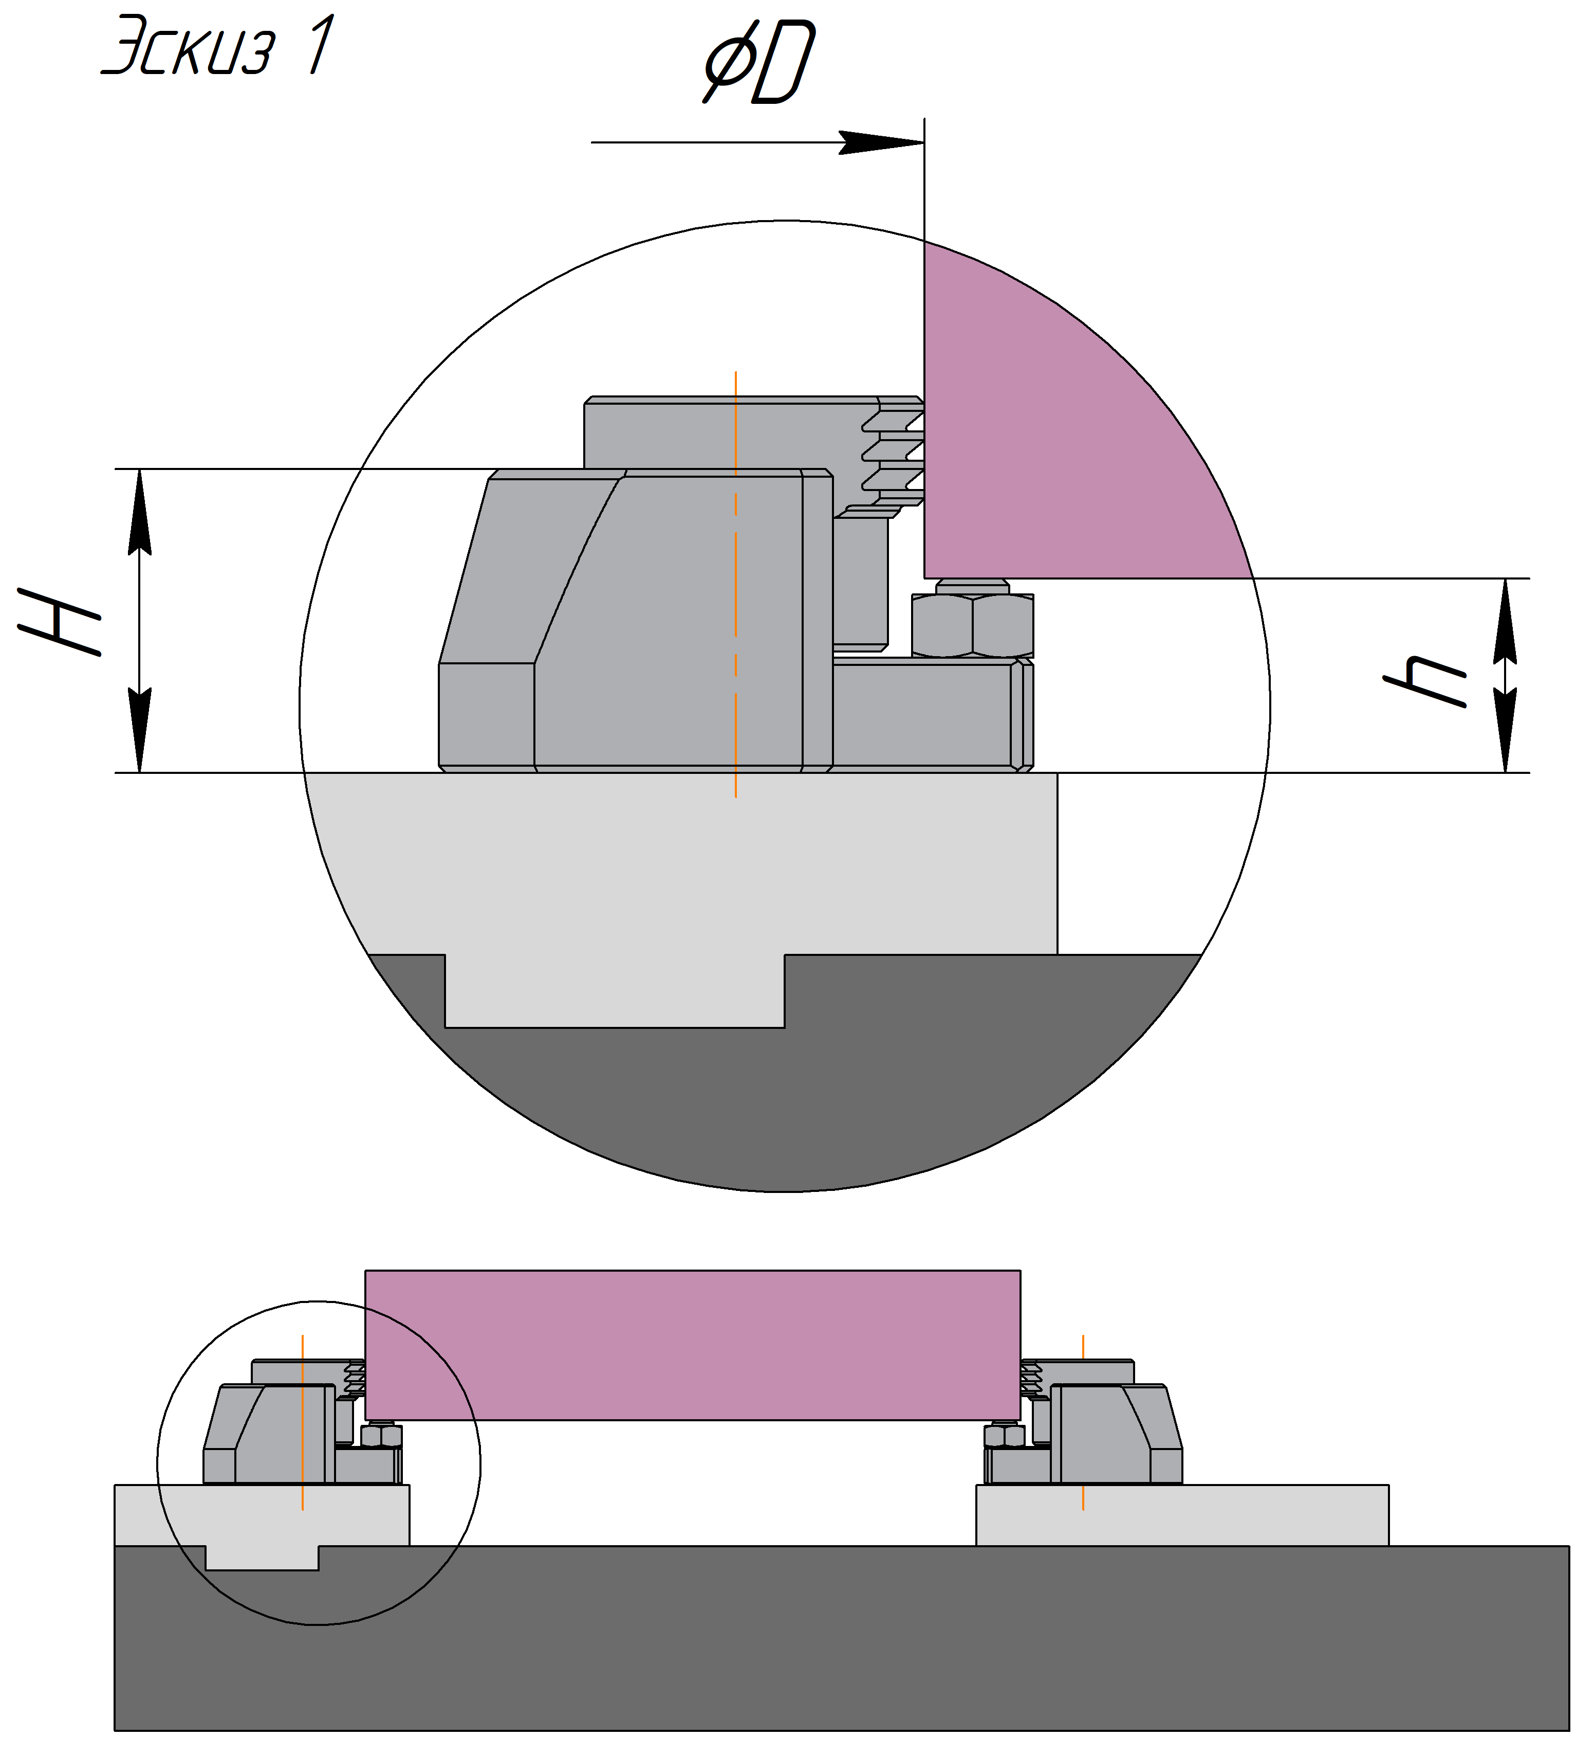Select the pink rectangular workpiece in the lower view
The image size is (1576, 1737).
[692, 1345]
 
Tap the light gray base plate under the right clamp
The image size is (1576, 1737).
[1181, 1515]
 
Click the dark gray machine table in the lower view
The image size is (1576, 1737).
[841, 1641]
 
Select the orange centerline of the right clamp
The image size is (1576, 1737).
[1083, 1422]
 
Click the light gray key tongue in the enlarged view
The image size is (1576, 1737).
[614, 991]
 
